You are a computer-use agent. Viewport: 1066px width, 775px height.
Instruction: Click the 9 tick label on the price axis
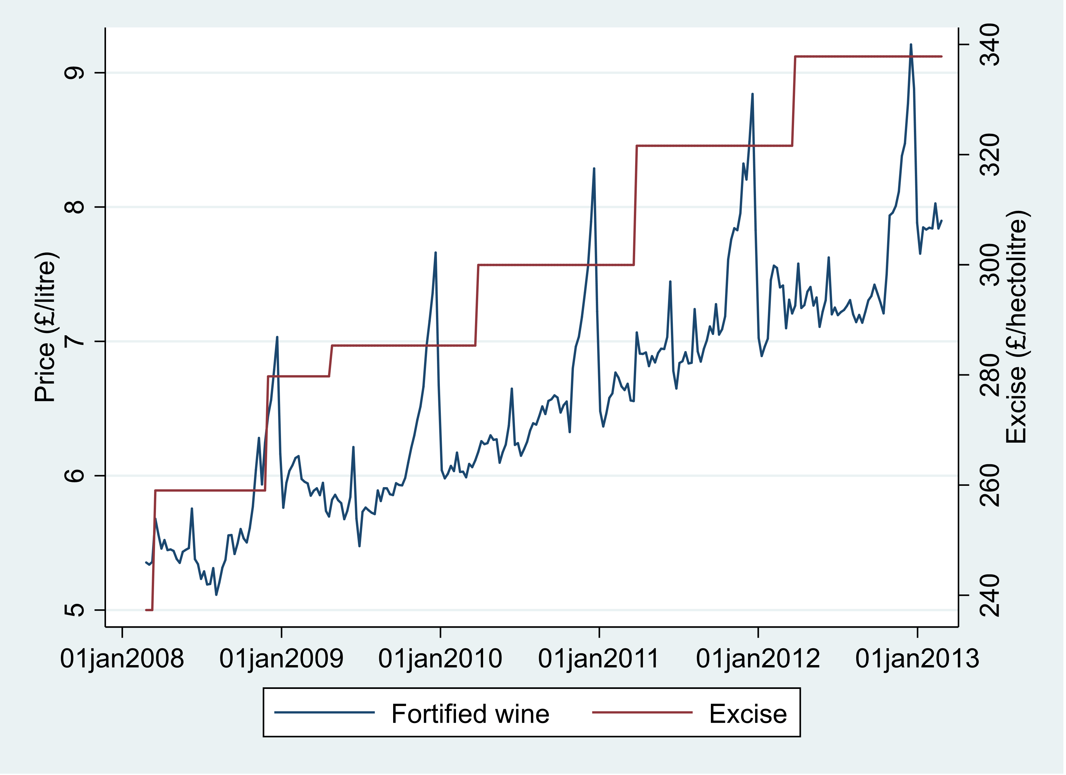tap(74, 73)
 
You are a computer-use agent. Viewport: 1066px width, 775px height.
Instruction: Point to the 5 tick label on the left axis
tap(74, 610)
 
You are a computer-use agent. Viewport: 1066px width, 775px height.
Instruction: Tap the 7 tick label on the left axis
tap(74, 341)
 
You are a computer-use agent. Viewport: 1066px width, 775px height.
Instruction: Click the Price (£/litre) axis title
tap(45, 327)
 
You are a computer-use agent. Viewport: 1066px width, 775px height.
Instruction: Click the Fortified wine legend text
tap(470, 714)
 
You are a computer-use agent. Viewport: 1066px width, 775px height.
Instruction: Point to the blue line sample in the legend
tap(324, 712)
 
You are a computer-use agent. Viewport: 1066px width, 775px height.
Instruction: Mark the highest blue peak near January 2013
tap(911, 45)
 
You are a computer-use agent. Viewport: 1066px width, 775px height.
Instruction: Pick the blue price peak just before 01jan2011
tap(594, 168)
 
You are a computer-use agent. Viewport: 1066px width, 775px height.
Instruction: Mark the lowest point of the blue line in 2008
tap(216, 595)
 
